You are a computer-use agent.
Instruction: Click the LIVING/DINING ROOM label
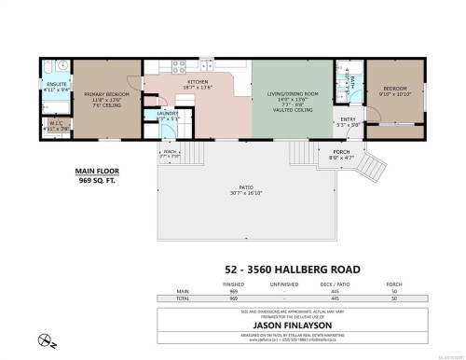291,93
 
